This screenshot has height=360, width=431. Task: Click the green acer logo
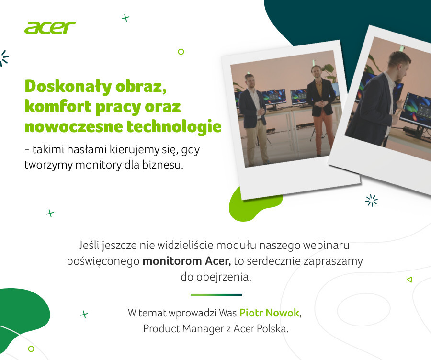click(50, 28)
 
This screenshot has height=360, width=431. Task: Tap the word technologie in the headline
click(174, 126)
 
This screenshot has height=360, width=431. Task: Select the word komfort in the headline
click(58, 106)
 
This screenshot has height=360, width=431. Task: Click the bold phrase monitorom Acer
click(187, 261)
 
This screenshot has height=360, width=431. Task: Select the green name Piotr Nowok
click(269, 313)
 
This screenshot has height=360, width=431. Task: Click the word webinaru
click(326, 245)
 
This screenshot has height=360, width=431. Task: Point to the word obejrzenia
click(224, 277)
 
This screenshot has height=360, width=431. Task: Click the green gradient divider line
click(216, 295)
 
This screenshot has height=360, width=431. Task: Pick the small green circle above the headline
click(181, 51)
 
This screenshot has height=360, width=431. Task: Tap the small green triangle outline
click(409, 280)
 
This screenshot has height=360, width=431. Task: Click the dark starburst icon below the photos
click(371, 200)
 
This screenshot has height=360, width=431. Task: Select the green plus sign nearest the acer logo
click(125, 18)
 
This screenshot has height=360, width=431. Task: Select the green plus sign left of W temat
click(84, 314)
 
